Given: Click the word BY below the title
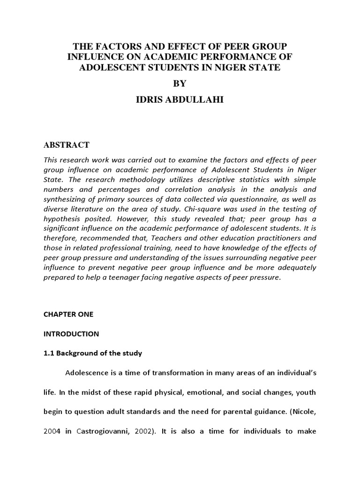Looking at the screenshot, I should click(x=180, y=83).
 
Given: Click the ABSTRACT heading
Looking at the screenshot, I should click(x=67, y=145).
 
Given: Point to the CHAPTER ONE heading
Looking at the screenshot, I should click(x=68, y=315).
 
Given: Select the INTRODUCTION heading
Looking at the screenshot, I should click(x=71, y=334).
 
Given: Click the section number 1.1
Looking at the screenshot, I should click(x=49, y=353).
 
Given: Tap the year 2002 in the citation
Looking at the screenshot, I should click(x=141, y=431).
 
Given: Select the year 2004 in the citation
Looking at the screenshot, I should click(x=53, y=431).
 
